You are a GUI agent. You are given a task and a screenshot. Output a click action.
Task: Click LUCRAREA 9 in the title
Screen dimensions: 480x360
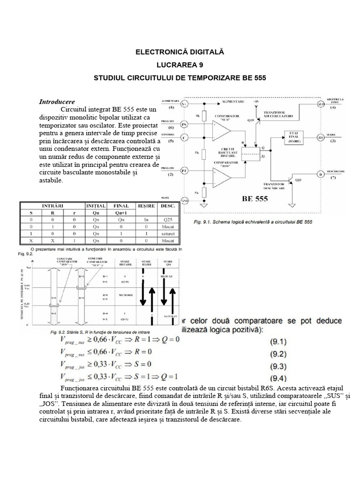[180, 65]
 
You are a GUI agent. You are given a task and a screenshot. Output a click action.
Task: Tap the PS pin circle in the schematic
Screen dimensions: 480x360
[184, 125]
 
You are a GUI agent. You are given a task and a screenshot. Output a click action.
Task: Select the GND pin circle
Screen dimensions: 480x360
[185, 201]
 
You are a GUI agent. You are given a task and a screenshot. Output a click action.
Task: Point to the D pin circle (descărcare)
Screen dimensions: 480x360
[321, 175]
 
